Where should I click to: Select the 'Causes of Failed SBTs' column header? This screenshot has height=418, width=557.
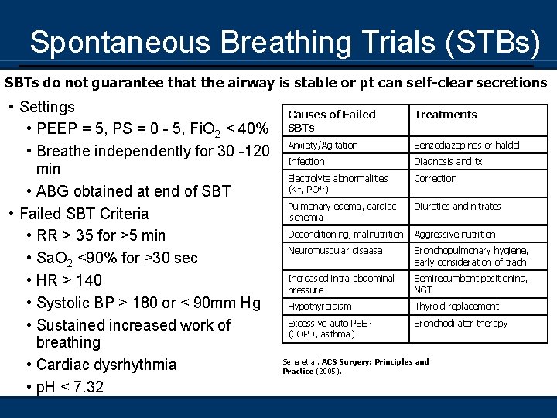pyautogui.click(x=331, y=121)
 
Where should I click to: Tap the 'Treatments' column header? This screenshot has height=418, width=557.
pyautogui.click(x=446, y=115)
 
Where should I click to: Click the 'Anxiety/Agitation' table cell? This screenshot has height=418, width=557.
pyautogui.click(x=323, y=146)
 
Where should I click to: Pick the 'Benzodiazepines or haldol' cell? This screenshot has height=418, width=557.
pyautogui.click(x=466, y=146)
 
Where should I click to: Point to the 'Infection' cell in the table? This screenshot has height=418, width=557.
pyautogui.click(x=306, y=162)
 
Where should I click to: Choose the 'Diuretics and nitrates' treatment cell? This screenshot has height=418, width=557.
pyautogui.click(x=457, y=207)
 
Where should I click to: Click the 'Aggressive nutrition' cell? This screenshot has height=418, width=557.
pyautogui.click(x=455, y=234)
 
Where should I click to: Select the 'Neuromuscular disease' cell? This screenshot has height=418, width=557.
pyautogui.click(x=335, y=251)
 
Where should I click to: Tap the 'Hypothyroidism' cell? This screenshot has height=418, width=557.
pyautogui.click(x=320, y=307)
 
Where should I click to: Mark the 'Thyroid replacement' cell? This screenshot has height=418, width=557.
pyautogui.click(x=456, y=307)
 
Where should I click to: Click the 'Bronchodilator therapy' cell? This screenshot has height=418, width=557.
pyautogui.click(x=461, y=324)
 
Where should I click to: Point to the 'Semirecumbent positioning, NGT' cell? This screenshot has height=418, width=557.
pyautogui.click(x=470, y=284)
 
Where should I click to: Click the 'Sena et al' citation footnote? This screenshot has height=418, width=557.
pyautogui.click(x=355, y=366)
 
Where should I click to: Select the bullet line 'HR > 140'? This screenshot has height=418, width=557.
pyautogui.click(x=70, y=280)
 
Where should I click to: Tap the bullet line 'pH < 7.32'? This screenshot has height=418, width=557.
pyautogui.click(x=70, y=387)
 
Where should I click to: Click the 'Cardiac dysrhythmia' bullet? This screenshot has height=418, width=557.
pyautogui.click(x=107, y=365)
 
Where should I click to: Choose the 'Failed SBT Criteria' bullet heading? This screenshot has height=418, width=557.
pyautogui.click(x=84, y=214)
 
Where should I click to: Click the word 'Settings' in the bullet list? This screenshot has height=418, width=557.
pyautogui.click(x=47, y=107)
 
